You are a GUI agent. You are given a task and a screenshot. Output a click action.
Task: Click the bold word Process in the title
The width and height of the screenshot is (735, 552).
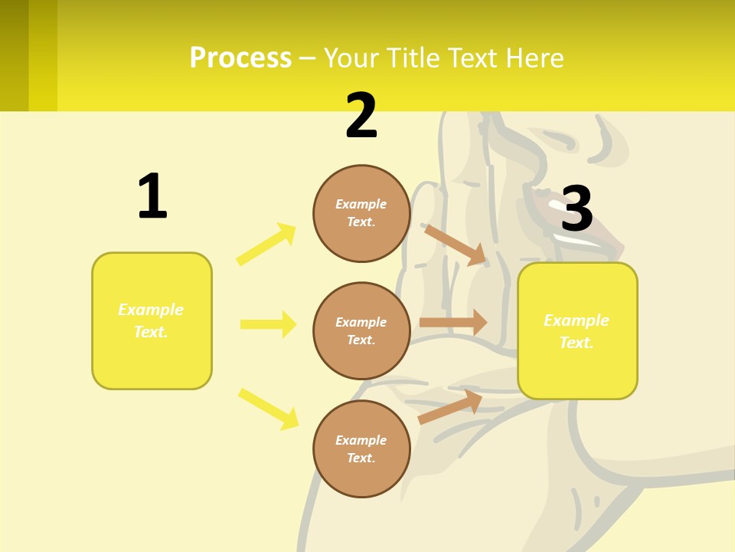tap(240, 58)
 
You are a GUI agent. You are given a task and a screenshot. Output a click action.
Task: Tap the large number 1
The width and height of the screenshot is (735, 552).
tap(152, 197)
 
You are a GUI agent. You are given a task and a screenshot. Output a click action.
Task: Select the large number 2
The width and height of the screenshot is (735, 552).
tap(361, 117)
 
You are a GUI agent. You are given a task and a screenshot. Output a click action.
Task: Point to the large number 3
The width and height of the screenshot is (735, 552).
tap(577, 209)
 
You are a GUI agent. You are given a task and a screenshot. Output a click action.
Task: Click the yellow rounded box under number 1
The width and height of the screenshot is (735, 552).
tap(152, 320)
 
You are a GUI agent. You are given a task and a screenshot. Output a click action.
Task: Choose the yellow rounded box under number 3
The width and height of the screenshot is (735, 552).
tap(577, 330)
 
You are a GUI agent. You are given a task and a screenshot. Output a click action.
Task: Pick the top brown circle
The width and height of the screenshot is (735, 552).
tap(361, 213)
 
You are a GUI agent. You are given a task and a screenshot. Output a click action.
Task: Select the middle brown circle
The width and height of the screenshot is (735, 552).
tap(361, 330)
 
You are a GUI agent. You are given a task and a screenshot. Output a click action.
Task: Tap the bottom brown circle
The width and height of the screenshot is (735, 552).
tap(361, 449)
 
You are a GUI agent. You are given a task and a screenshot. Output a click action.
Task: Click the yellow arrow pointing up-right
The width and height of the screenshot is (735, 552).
tap(266, 245)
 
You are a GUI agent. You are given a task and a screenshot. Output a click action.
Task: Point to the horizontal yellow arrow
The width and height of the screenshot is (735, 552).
tap(268, 324)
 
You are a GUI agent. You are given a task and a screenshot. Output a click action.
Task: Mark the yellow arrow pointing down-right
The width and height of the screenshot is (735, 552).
tap(269, 409)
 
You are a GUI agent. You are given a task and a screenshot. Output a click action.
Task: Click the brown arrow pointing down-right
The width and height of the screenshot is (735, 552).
tap(456, 245)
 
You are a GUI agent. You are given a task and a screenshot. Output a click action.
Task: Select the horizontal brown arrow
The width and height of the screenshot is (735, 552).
tap(453, 322)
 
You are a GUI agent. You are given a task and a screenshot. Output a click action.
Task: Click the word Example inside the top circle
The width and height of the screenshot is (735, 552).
tap(361, 204)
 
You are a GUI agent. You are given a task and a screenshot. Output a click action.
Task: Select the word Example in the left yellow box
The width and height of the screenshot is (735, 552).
tap(151, 310)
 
